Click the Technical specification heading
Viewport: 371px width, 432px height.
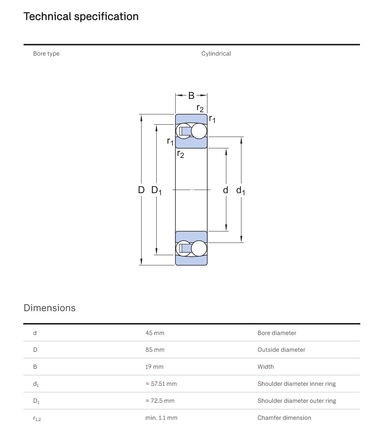(81, 16)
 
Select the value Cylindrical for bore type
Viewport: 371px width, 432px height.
(216, 54)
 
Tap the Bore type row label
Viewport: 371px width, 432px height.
(46, 54)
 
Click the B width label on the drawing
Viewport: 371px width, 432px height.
(191, 96)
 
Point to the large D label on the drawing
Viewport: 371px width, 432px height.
(141, 190)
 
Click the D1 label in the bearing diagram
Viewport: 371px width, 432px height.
(156, 190)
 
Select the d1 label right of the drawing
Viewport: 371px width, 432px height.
(240, 190)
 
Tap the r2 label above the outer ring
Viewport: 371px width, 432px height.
(200, 108)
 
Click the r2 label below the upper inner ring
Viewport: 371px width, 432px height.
(181, 154)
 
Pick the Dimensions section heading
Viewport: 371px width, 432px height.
(50, 308)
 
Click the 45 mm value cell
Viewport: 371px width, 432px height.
(155, 333)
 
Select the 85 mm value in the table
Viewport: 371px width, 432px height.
(155, 350)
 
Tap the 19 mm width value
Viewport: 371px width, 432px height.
(154, 367)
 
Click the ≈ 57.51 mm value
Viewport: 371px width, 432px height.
(161, 384)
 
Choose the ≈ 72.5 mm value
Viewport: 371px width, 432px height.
(160, 401)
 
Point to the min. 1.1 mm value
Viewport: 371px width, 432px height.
(161, 418)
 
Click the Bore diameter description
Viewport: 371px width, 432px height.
(277, 333)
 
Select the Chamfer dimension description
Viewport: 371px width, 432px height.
(284, 418)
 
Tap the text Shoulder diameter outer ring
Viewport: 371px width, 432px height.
(297, 401)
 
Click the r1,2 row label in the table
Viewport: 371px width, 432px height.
(37, 418)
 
